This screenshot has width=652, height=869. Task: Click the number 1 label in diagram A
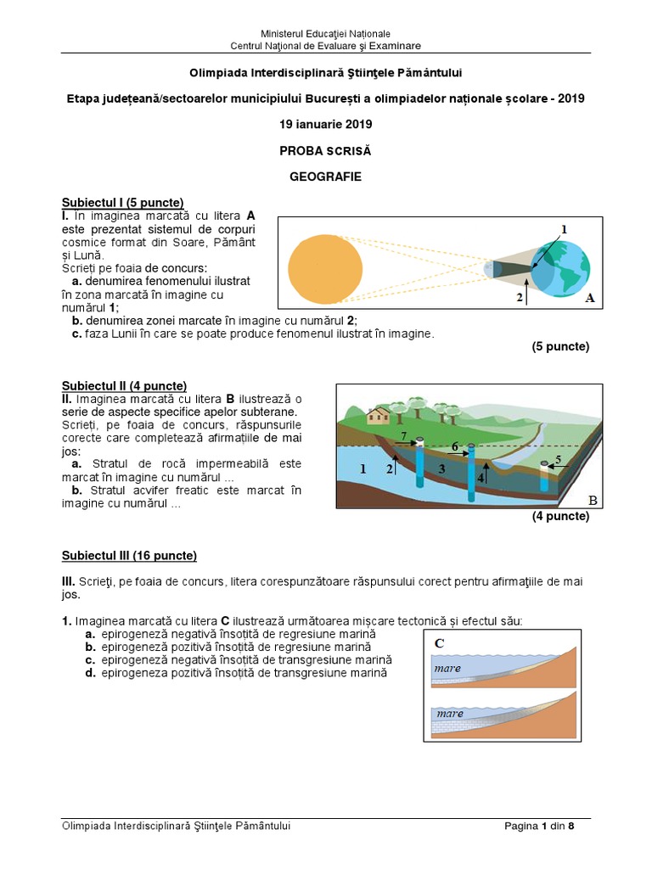coord(563,229)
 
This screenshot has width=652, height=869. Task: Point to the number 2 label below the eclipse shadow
coord(520,298)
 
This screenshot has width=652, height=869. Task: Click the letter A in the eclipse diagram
coord(589,298)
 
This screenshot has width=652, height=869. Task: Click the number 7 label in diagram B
coord(404,436)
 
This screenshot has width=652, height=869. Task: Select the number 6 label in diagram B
coord(455,446)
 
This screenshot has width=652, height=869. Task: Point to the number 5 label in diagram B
coord(558,460)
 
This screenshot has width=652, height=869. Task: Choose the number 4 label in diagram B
coord(481,478)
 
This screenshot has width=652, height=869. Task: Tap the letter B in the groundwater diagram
coord(593,501)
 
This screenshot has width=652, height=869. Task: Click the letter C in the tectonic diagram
coord(440,642)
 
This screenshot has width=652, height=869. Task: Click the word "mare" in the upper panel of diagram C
coord(447,669)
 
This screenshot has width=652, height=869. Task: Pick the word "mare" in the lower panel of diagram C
coord(450,714)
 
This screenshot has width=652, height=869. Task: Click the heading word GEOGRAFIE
coord(326,177)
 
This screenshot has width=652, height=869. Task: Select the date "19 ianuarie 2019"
coord(326,124)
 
